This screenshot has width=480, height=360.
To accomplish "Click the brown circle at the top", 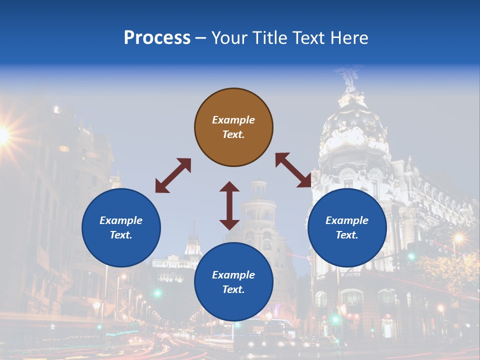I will [x=233, y=127].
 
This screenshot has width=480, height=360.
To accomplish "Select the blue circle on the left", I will [x=121, y=227].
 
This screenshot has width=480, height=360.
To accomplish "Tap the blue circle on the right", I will [x=347, y=227].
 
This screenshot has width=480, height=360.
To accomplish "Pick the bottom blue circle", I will [x=233, y=282].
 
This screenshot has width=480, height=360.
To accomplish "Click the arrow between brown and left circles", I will [x=173, y=175].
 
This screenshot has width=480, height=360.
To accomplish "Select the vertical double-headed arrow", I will [x=229, y=205].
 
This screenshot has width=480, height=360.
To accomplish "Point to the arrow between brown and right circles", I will [x=293, y=170].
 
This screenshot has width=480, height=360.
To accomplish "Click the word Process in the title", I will [x=157, y=37].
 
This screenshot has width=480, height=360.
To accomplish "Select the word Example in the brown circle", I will [x=233, y=120].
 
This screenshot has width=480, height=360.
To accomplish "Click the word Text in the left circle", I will [x=120, y=235].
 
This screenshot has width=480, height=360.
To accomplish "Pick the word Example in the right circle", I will [x=347, y=220].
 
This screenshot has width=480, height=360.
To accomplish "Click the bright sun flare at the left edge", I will [x=3, y=134].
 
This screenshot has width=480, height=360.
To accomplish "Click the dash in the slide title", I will [x=200, y=38].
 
